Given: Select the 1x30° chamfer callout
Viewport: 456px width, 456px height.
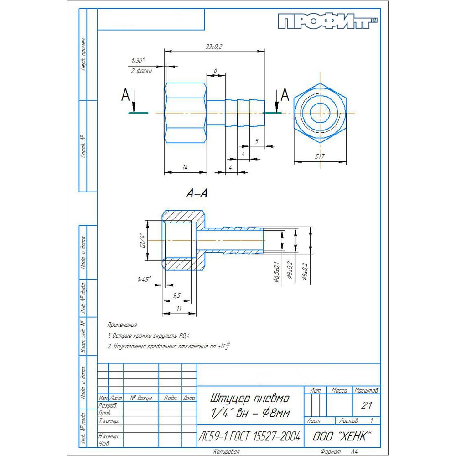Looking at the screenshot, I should point(138,61).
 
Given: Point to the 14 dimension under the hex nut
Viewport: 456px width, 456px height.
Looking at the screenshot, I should point(185,168).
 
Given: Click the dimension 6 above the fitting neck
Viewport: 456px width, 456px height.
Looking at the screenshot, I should point(215,70).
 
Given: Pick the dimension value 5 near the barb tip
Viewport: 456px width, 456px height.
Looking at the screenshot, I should point(257,141).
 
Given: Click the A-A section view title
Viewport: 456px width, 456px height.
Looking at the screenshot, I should point(196,194).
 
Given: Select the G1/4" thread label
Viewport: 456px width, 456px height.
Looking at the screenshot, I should point(142,240).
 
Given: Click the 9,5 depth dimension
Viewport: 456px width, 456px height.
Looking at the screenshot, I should point(176,295).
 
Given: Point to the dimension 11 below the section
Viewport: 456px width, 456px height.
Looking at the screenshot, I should point(179,309).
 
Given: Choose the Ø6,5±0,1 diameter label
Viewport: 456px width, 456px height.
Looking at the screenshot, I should point(276,272).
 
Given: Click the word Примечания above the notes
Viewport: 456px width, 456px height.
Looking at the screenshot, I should point(122,325).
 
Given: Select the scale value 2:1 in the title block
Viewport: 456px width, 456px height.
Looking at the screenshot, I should point(366,405).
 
